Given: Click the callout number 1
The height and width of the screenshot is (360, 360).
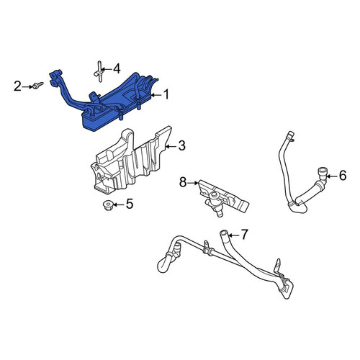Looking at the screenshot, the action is coord(166,94).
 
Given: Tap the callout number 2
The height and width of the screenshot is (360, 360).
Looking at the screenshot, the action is coord(17,86).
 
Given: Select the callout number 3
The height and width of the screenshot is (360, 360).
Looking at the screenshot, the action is coord(182,145).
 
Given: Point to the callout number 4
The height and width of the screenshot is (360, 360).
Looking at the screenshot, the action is coord(117,69).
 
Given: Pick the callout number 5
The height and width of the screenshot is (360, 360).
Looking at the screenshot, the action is coord(130,204).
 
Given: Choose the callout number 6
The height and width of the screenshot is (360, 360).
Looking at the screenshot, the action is coord(343,176).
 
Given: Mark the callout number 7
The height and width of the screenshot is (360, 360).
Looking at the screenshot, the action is coord(244,235).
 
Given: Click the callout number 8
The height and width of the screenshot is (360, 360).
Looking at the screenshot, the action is coord(183,183).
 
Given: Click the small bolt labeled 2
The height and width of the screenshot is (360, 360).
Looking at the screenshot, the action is coord(37,85).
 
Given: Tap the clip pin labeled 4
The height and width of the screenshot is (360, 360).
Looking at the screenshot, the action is coord(99,71).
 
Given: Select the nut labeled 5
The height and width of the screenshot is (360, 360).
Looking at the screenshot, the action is coord(107,205).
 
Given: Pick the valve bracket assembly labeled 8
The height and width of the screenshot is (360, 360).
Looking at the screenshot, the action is coord(223,197).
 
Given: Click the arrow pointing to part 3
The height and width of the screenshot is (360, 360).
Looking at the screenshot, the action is coord(171,146).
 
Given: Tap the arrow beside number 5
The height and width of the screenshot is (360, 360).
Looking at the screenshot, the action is coord(118,204).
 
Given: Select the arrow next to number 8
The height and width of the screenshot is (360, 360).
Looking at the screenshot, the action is coord(193,183).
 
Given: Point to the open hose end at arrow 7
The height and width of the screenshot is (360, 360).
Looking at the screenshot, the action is coord(223,233).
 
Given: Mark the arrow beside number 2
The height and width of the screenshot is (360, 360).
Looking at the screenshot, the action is coord(27,86).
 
